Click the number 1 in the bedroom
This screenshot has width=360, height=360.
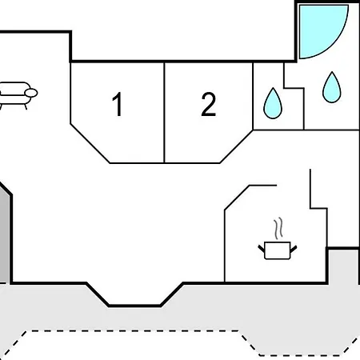118,104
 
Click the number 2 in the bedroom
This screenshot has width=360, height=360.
208,104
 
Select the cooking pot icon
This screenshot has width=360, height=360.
278,250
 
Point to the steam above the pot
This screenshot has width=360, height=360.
278,229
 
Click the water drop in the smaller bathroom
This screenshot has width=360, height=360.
273,103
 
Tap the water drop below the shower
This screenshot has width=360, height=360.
332,87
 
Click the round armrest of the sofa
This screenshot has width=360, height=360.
31,93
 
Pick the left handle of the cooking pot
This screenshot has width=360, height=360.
261,249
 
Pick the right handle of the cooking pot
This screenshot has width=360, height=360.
294,249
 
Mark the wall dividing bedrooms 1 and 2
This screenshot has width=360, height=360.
164,113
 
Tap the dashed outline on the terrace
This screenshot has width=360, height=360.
134,331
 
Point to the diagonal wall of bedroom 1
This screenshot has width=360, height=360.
90,143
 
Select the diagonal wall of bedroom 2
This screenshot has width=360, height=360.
236,146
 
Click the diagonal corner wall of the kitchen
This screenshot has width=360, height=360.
237,198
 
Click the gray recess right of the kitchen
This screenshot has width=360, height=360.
342,266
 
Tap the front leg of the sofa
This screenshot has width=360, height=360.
26,106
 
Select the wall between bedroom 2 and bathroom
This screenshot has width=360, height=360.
253,96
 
